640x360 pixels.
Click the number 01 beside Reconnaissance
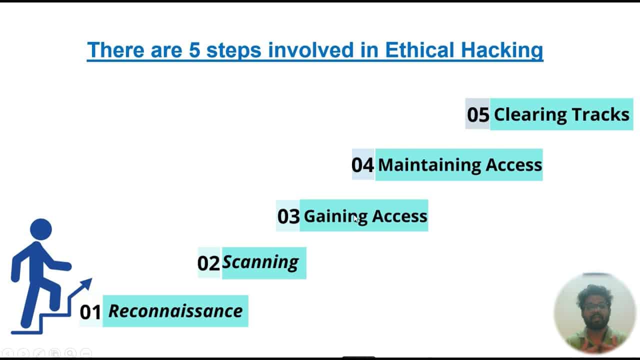(90, 312)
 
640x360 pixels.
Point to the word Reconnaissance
(175, 311)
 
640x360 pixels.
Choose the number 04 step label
(362, 165)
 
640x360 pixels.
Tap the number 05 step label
(478, 114)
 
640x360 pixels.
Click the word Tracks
(600, 114)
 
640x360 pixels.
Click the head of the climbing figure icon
(40, 229)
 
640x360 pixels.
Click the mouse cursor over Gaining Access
(355, 218)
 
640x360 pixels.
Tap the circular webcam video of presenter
(594, 313)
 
